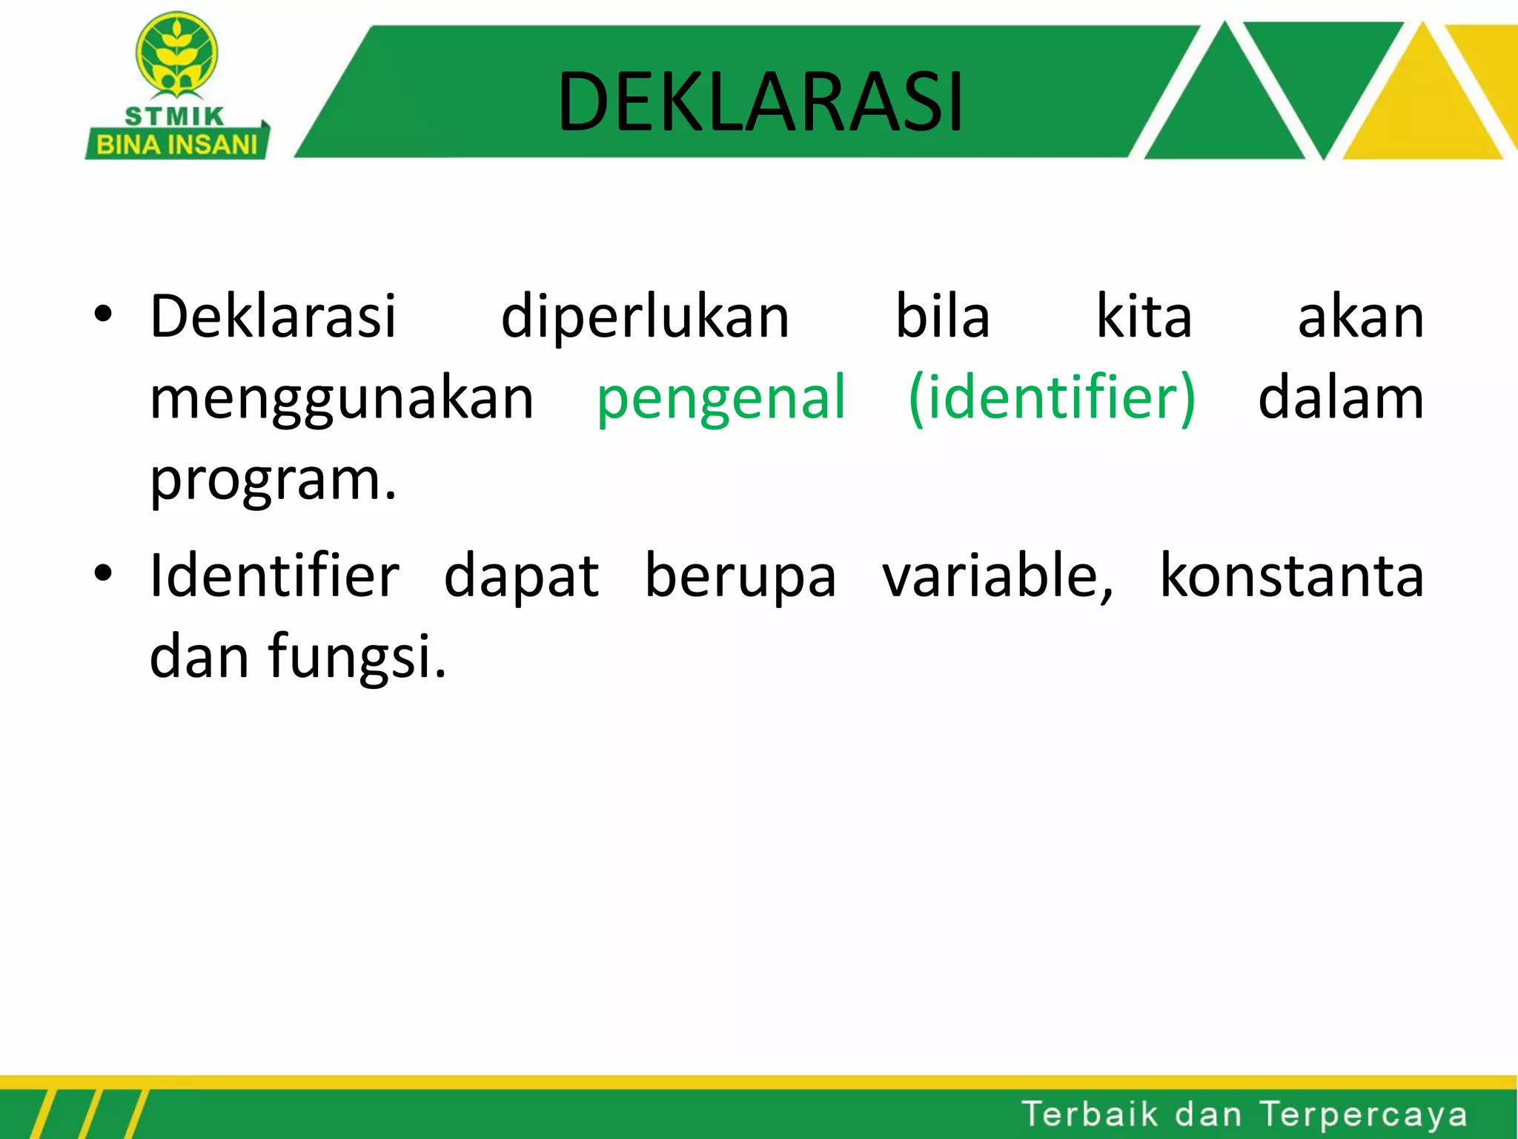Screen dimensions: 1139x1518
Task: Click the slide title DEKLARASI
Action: (760, 102)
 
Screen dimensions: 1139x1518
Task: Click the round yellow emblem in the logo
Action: (176, 56)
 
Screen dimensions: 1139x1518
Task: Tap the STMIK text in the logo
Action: (175, 116)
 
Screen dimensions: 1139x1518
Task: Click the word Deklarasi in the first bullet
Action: (273, 317)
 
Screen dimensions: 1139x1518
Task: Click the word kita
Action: (1144, 317)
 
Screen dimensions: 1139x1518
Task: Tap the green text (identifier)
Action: (1051, 398)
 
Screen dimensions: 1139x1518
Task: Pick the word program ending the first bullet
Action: (273, 481)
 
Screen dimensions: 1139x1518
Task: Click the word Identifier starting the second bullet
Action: (274, 575)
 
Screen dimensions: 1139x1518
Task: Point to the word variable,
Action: (997, 575)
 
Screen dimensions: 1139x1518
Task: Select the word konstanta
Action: (1291, 575)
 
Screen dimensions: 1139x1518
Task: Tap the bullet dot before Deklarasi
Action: (103, 314)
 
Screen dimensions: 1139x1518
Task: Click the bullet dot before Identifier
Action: (103, 573)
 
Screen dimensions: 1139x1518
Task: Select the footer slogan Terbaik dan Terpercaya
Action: (1244, 1115)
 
